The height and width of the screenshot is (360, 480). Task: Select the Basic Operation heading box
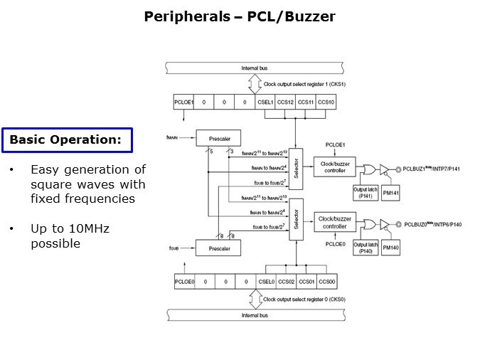pos(65,140)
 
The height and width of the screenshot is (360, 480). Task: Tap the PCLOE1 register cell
pos(183,102)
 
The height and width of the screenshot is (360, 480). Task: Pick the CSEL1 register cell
pos(265,102)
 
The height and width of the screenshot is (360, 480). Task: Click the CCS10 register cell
pos(326,102)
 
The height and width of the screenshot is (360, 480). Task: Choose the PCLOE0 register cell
pos(184,282)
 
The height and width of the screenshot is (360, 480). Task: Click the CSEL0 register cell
pos(265,282)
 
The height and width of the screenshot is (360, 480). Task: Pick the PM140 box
pos(391,247)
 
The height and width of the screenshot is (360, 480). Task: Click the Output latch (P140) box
pos(364,246)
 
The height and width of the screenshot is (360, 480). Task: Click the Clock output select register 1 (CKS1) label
pos(300,84)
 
